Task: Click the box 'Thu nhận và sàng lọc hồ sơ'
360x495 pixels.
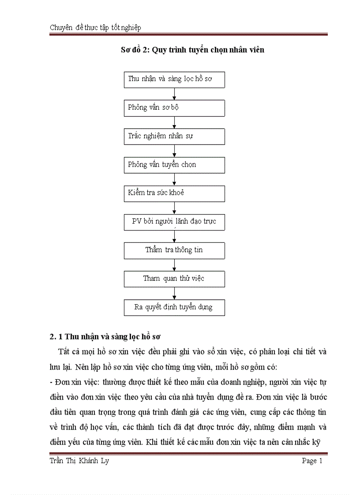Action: pyautogui.click(x=174, y=79)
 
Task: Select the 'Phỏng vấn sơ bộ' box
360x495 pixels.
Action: pyautogui.click(x=174, y=108)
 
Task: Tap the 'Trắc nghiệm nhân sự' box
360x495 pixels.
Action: pyautogui.click(x=174, y=136)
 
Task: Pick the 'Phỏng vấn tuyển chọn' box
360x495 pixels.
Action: pyautogui.click(x=174, y=165)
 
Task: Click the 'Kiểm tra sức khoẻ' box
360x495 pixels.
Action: pyautogui.click(x=174, y=193)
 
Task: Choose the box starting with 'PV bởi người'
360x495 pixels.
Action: pyautogui.click(x=174, y=222)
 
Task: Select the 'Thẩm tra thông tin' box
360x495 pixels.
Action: pyautogui.click(x=174, y=250)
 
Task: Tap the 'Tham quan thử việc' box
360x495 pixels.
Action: pyautogui.click(x=174, y=279)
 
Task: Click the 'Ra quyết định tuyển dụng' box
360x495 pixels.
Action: pyautogui.click(x=174, y=307)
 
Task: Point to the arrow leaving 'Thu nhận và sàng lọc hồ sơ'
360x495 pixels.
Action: pyautogui.click(x=175, y=93)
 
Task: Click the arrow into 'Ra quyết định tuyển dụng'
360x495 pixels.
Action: pyautogui.click(x=175, y=293)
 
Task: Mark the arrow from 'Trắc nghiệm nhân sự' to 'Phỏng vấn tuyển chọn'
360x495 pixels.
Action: pyautogui.click(x=175, y=150)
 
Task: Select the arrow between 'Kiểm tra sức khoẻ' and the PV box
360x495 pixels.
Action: pyautogui.click(x=175, y=208)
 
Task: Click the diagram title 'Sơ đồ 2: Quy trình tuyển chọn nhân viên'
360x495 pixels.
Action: pyautogui.click(x=192, y=50)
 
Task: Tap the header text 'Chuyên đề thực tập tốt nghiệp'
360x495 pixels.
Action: pyautogui.click(x=95, y=28)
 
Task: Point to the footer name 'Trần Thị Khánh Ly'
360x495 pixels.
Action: pyautogui.click(x=79, y=462)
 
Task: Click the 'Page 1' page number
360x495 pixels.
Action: pyautogui.click(x=312, y=462)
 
